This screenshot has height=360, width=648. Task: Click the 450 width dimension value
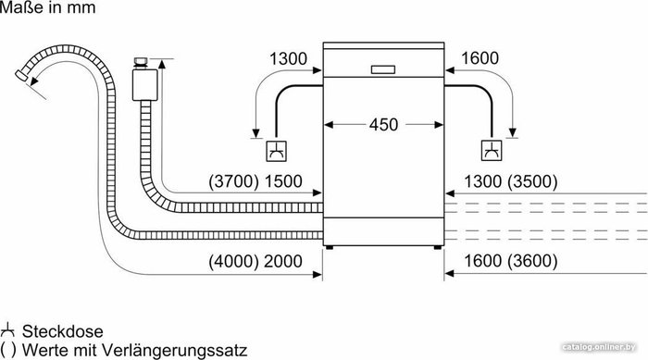383,124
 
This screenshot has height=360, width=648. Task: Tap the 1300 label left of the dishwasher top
288,58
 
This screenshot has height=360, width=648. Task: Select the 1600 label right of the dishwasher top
480,58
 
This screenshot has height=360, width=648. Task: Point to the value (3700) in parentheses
233,181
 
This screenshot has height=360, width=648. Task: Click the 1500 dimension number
283,181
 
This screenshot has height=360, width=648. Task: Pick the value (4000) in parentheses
233,261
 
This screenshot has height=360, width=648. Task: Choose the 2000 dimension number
283,261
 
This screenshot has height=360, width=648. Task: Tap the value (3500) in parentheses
532,181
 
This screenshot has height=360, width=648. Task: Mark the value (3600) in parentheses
532,261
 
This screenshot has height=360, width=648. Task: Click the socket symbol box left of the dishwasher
276,151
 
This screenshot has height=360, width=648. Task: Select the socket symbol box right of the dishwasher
492,151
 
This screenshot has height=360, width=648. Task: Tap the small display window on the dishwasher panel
383,69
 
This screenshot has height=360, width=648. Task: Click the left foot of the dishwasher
329,248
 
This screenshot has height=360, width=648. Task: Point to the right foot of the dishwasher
437,248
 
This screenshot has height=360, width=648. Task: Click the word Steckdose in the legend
62,331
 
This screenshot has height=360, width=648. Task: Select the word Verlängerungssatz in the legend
174,351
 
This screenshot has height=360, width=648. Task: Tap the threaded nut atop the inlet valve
141,62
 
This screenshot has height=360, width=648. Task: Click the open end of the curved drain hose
21,76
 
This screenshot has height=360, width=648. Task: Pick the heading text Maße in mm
47,7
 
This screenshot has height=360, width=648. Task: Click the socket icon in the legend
7,330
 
